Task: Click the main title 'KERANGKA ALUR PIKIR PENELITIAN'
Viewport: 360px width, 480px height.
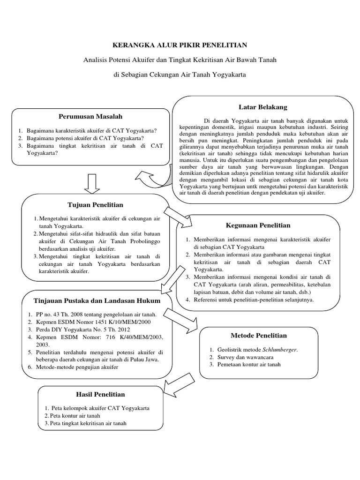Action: coord(180,45)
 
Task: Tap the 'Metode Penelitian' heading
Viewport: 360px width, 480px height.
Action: coord(259,336)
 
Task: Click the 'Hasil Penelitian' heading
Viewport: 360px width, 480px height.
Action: coord(100,394)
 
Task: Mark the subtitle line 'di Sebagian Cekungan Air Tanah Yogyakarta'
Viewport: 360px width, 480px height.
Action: coord(180,75)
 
